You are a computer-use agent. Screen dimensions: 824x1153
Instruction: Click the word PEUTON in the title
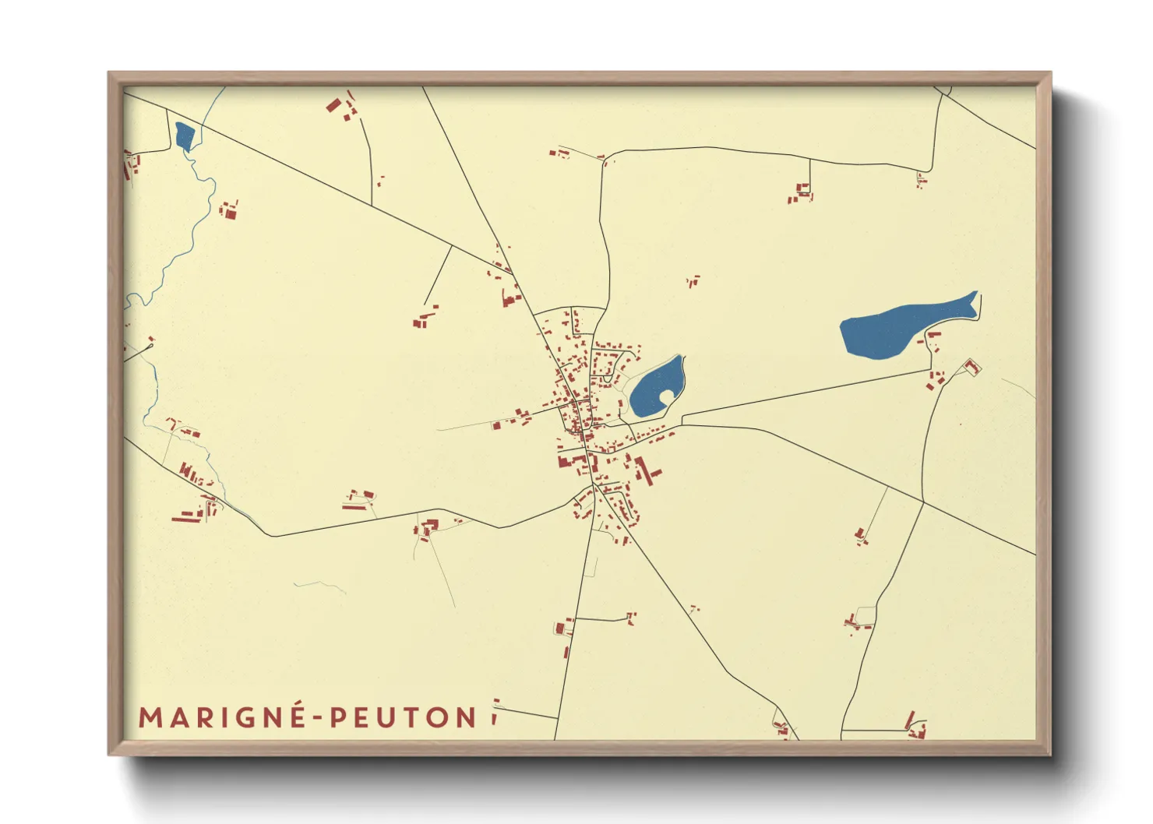404,717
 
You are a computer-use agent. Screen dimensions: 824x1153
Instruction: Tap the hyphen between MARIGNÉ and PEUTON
318,718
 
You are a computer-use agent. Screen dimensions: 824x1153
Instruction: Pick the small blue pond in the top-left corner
185,136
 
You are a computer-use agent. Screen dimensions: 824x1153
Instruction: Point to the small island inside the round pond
667,397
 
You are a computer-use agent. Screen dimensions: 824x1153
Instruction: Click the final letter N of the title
466,717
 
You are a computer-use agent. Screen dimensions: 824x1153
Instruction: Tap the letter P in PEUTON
338,717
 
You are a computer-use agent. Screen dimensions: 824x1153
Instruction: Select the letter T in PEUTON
413,717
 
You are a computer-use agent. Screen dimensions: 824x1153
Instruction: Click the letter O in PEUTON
439,717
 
